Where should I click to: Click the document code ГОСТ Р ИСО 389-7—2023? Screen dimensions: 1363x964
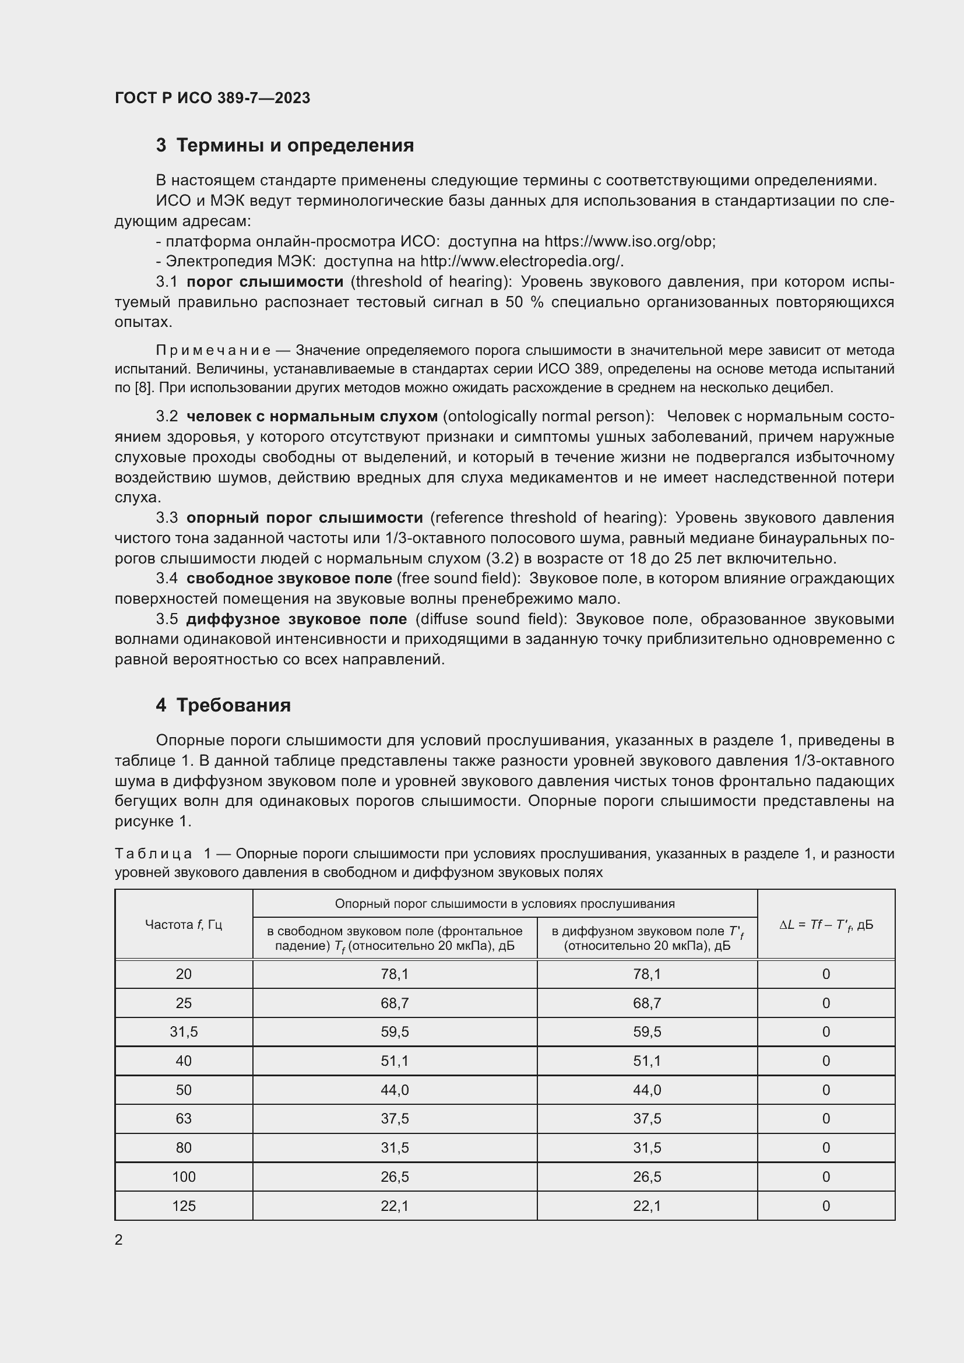(x=212, y=98)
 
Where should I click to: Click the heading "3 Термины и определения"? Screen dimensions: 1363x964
(x=284, y=146)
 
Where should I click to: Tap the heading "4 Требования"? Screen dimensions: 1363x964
(x=223, y=705)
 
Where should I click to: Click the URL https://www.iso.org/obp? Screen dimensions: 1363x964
(x=629, y=242)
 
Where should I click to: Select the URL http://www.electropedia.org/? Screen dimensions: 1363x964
(x=521, y=262)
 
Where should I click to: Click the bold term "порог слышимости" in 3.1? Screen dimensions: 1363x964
(x=265, y=282)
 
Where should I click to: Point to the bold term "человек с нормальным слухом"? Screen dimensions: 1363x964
(x=312, y=417)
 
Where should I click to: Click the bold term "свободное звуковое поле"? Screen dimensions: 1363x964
(x=289, y=578)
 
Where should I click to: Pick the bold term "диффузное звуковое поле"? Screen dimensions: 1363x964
(x=296, y=619)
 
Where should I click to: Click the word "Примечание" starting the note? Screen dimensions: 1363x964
(x=213, y=350)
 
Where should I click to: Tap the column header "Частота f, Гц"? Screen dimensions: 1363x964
(x=184, y=924)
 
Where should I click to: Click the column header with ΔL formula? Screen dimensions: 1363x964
(x=826, y=924)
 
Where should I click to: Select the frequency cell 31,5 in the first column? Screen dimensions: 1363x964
(x=184, y=1032)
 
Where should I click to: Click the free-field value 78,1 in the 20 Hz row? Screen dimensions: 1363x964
(x=394, y=974)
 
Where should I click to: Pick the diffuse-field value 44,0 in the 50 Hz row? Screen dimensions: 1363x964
(x=646, y=1090)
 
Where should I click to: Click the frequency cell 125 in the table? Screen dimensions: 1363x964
(x=184, y=1206)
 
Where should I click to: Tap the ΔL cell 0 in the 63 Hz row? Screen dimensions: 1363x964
(x=826, y=1119)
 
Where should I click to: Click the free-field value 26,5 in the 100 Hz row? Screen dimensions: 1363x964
(x=394, y=1177)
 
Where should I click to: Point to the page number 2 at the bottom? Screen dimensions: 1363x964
(x=119, y=1240)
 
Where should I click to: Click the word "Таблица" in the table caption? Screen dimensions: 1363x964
(x=153, y=854)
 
